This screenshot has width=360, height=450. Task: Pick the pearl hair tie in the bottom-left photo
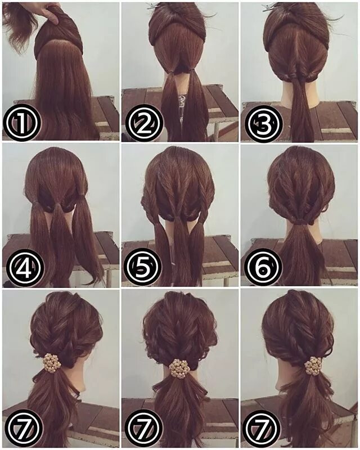click(52, 363)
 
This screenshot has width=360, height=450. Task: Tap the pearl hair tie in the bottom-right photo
click(313, 366)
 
